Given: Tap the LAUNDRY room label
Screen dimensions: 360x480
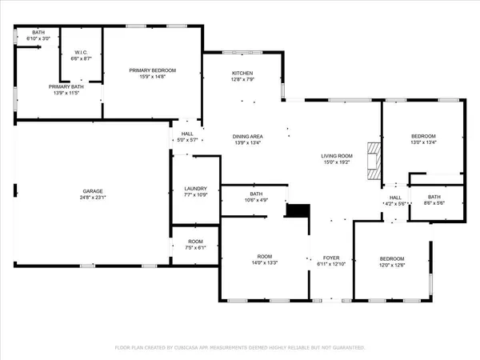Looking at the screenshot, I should point(195,189).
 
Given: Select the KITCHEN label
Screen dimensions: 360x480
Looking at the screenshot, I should point(242,73).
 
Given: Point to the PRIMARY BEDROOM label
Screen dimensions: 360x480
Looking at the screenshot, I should point(152,70).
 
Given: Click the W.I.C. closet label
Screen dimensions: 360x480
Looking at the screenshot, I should point(80,54).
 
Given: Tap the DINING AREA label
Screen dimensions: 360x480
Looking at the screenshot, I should point(248,137).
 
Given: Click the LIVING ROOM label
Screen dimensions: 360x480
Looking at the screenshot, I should point(337,157).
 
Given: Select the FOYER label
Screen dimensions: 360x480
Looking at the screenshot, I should point(330,258).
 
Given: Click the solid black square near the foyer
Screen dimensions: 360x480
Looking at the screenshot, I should point(298,210).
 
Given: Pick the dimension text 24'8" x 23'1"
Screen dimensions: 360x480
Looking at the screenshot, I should point(92,198).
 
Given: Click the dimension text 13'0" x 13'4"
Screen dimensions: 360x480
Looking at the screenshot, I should point(423,142).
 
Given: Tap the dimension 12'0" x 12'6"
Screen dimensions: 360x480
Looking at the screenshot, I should point(391,265).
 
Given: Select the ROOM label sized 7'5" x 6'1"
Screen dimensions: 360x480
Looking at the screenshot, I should point(195,242).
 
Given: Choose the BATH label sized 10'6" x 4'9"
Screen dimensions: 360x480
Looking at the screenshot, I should point(256,194).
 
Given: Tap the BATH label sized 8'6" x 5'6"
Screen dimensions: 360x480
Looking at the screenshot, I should point(434,197).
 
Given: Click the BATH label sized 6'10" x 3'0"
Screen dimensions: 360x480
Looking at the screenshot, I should point(38,32).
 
